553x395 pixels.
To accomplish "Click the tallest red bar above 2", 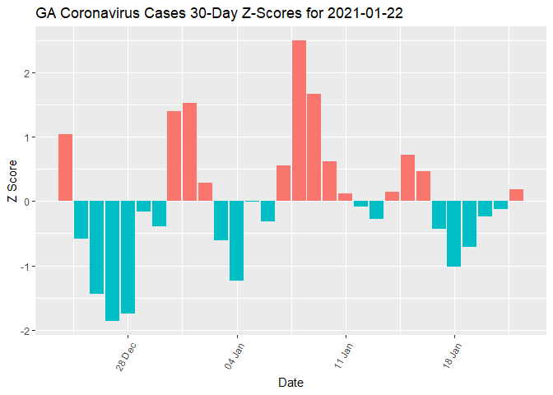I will coord(299,120).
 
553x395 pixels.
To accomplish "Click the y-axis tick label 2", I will coord(27,72).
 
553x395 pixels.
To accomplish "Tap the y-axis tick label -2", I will coord(26,331).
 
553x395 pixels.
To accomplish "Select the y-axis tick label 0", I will coord(27,202).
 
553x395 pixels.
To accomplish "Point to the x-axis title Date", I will coord(290,383).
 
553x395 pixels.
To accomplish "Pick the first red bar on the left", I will coord(65,167).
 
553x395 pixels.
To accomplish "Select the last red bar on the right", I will coord(516,195).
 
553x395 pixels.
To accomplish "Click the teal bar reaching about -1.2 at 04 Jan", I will coord(236,240).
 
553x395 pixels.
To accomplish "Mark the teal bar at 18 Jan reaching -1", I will coord(453,234).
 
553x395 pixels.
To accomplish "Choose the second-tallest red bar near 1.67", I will coord(314,147).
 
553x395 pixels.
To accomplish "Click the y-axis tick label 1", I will coord(27,137).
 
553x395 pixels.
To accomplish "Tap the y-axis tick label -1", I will coord(26,267).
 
